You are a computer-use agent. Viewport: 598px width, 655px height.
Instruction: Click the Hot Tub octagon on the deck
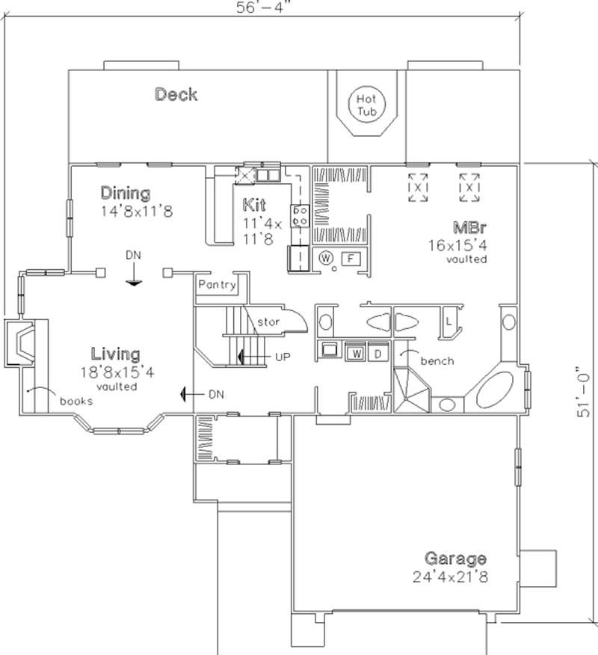[x=366, y=104]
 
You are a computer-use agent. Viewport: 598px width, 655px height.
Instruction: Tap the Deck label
[x=176, y=94]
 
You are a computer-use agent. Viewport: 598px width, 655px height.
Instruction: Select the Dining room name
[x=126, y=192]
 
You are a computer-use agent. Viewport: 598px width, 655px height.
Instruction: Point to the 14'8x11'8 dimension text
[x=137, y=212]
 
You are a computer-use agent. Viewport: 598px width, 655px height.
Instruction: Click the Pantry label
[x=217, y=285]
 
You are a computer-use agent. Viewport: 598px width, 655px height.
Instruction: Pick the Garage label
[x=455, y=559]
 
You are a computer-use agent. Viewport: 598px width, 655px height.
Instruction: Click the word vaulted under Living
[x=117, y=387]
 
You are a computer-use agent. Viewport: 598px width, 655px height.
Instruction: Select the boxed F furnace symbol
[x=352, y=259]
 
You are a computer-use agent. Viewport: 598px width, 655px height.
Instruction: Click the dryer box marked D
[x=378, y=351]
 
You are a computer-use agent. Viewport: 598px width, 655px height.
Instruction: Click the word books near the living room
[x=77, y=401]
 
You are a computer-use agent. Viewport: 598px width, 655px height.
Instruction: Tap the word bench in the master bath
[x=437, y=361]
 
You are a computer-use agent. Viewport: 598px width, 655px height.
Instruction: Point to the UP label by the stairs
[x=282, y=357]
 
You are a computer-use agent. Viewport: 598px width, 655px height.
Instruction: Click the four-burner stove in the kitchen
[x=300, y=217]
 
